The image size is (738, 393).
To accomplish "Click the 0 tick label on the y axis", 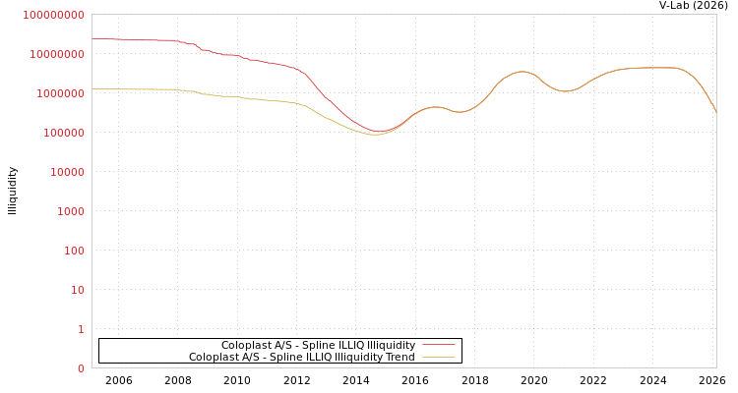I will (81, 368).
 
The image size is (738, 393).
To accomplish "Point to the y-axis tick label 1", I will (81, 329).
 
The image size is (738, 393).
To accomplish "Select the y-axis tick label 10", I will (77, 290).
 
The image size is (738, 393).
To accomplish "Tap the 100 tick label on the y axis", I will (74, 251).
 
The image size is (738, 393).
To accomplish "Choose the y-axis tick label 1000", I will (71, 211).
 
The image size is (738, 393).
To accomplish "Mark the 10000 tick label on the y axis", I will (68, 172).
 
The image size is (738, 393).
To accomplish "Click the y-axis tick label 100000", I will (64, 133).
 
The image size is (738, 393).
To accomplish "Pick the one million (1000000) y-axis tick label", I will (61, 93).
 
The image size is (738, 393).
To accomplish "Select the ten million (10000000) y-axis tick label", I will (58, 54).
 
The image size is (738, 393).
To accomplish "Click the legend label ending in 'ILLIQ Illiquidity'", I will (318, 345).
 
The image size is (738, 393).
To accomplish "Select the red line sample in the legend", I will (439, 345).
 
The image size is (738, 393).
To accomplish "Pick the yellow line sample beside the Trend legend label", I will (439, 357).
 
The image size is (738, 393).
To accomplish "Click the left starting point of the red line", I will (92, 38).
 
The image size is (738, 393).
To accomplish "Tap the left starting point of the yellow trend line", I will (92, 88).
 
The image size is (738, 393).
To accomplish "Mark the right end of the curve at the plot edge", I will (715, 112).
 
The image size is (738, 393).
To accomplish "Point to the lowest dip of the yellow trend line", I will (373, 134).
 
